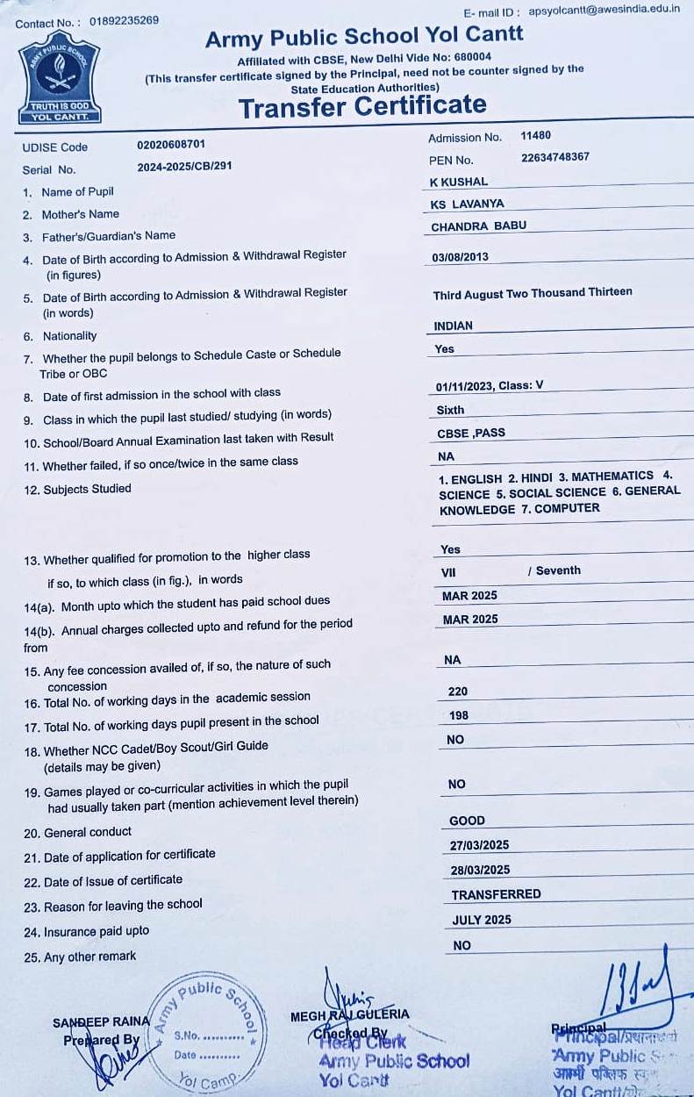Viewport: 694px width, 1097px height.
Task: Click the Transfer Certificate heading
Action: pos(362,107)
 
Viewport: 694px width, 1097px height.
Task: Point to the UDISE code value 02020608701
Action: pos(171,144)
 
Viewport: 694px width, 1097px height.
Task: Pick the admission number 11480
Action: pos(535,136)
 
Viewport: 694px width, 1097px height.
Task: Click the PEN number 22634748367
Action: pos(554,158)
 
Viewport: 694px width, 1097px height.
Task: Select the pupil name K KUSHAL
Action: pos(459,182)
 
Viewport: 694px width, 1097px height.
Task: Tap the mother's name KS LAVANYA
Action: pos(468,204)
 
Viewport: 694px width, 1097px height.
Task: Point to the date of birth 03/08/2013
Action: pos(461,257)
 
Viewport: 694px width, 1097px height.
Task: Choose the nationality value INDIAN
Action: pos(453,326)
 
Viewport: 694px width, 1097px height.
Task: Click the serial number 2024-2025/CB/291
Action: pos(184,167)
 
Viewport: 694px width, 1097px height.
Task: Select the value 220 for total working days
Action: pos(458,692)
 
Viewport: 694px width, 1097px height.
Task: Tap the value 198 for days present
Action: pos(458,715)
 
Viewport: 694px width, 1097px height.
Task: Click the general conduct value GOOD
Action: pos(467,821)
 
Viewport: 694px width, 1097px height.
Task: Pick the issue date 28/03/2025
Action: pos(479,870)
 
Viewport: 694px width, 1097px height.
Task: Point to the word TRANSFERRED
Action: pos(496,894)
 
